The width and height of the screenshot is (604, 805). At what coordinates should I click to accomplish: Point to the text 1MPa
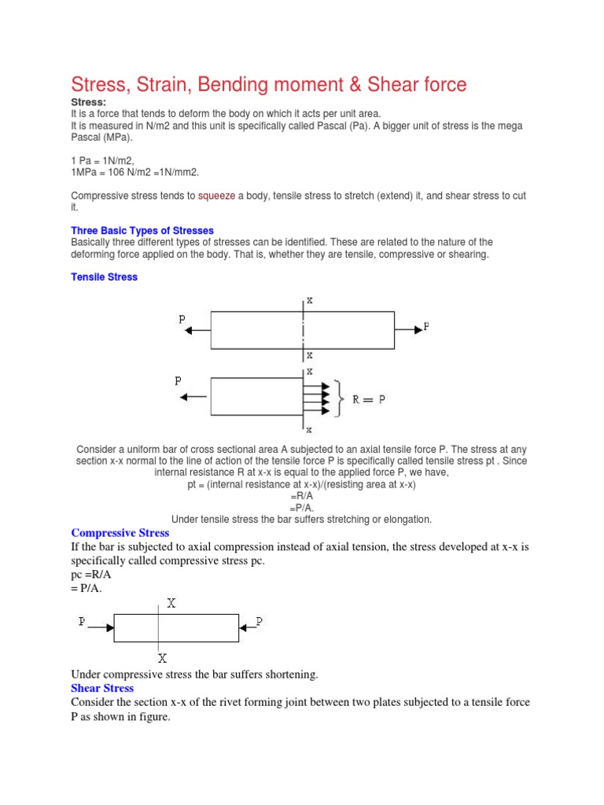(84, 172)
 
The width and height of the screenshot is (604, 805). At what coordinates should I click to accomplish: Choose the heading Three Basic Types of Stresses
(142, 230)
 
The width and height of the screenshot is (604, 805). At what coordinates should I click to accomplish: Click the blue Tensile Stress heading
(104, 277)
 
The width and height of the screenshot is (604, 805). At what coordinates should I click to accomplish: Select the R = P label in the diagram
(368, 400)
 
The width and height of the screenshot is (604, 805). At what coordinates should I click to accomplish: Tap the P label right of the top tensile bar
(426, 325)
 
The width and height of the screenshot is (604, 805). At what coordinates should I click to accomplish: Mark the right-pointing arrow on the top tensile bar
(407, 326)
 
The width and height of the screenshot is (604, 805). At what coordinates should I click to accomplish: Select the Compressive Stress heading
(120, 533)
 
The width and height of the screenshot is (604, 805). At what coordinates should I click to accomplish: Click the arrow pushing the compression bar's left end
(101, 627)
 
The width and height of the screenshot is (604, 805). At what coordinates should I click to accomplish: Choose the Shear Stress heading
(102, 688)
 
